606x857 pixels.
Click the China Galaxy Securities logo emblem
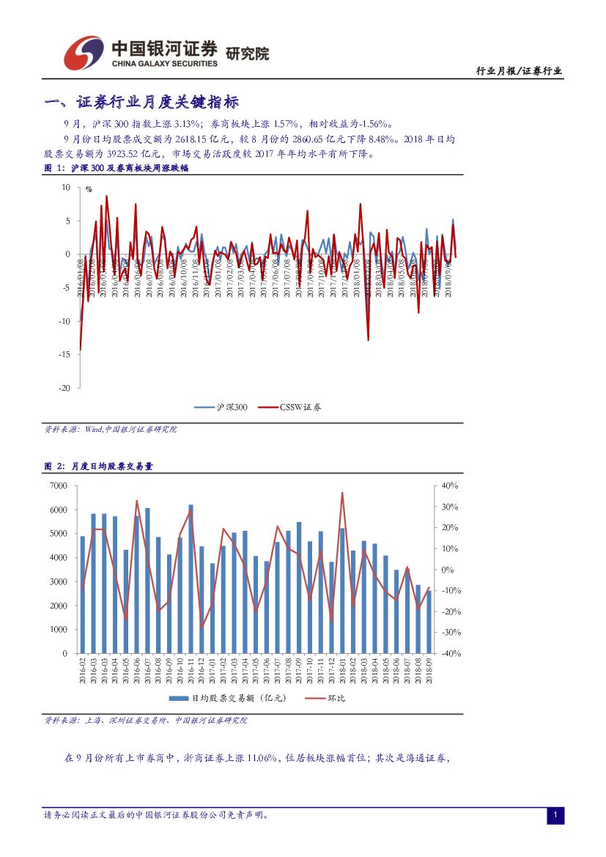click(x=83, y=54)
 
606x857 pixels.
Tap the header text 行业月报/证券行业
click(x=519, y=71)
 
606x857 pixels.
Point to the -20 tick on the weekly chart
click(x=65, y=388)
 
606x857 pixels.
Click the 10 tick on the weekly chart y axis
click(x=66, y=188)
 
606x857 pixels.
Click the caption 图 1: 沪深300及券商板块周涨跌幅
click(x=117, y=168)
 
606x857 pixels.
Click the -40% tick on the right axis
click(x=449, y=653)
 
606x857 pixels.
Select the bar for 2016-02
click(x=82, y=595)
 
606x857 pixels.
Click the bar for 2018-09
click(x=429, y=622)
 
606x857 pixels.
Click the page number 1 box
click(x=555, y=815)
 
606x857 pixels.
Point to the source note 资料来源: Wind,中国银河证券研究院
click(x=111, y=430)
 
